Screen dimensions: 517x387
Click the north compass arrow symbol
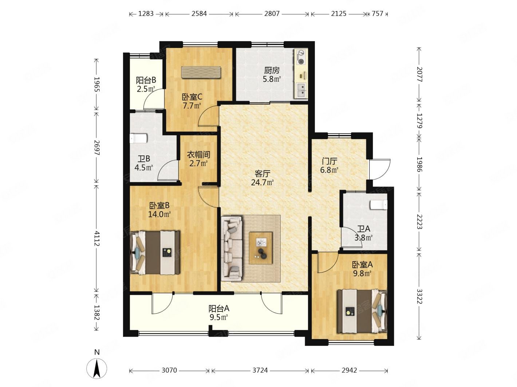(96, 368)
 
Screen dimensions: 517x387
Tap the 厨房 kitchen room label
(272, 70)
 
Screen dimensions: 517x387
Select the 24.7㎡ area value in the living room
(262, 182)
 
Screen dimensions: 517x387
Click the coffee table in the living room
(260, 248)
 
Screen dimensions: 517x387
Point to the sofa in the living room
(232, 248)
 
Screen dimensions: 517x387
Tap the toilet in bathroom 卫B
(138, 138)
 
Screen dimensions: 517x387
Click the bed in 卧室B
(155, 253)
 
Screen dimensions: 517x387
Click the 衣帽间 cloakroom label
(198, 154)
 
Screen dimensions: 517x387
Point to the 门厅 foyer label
(329, 161)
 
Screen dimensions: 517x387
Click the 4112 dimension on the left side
(96, 238)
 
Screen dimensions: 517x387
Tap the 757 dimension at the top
(377, 14)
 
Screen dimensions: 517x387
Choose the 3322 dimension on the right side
(419, 296)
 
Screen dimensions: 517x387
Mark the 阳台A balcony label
(219, 308)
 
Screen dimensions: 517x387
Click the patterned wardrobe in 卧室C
(201, 72)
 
